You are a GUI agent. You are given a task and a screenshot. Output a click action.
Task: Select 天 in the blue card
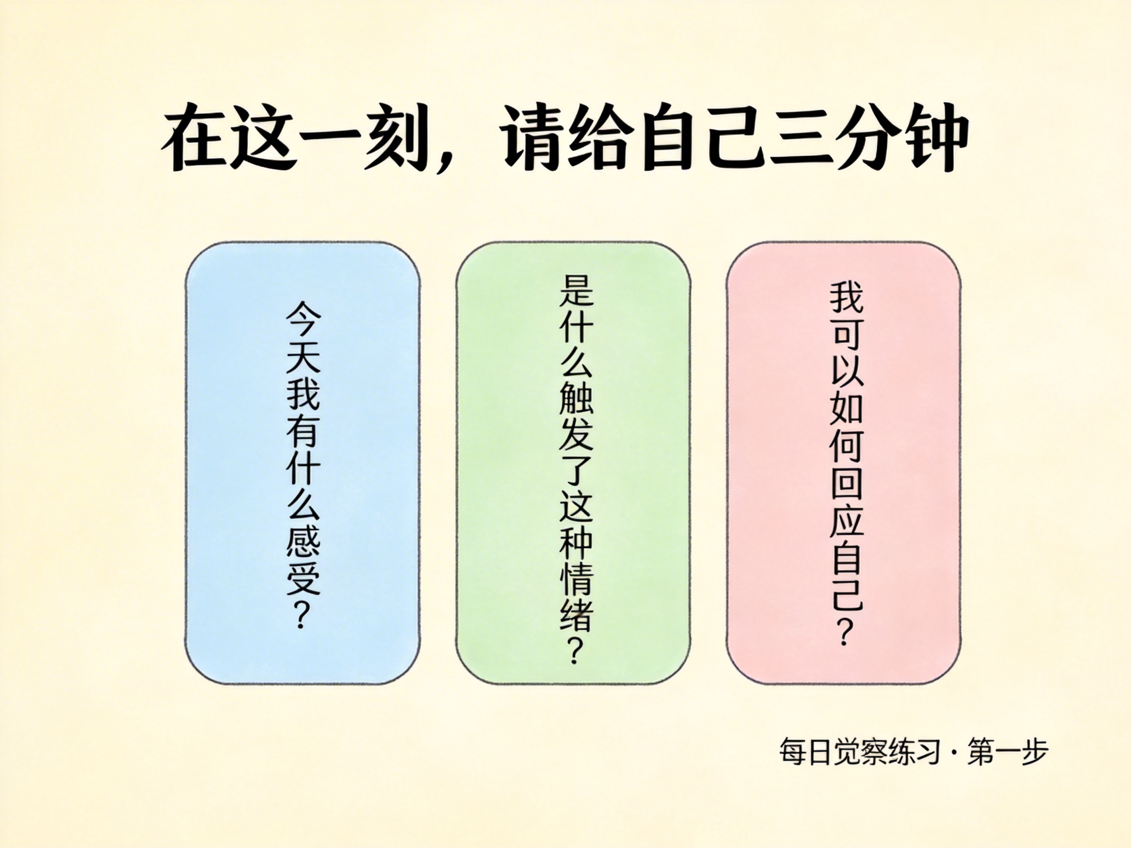[x=303, y=355]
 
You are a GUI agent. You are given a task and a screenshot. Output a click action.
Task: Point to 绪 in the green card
[x=576, y=614]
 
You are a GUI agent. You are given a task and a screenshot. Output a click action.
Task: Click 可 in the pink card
[x=846, y=335]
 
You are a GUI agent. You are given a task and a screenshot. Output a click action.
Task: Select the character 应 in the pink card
[x=846, y=519]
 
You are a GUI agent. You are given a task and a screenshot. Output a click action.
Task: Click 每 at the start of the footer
[x=792, y=752]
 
